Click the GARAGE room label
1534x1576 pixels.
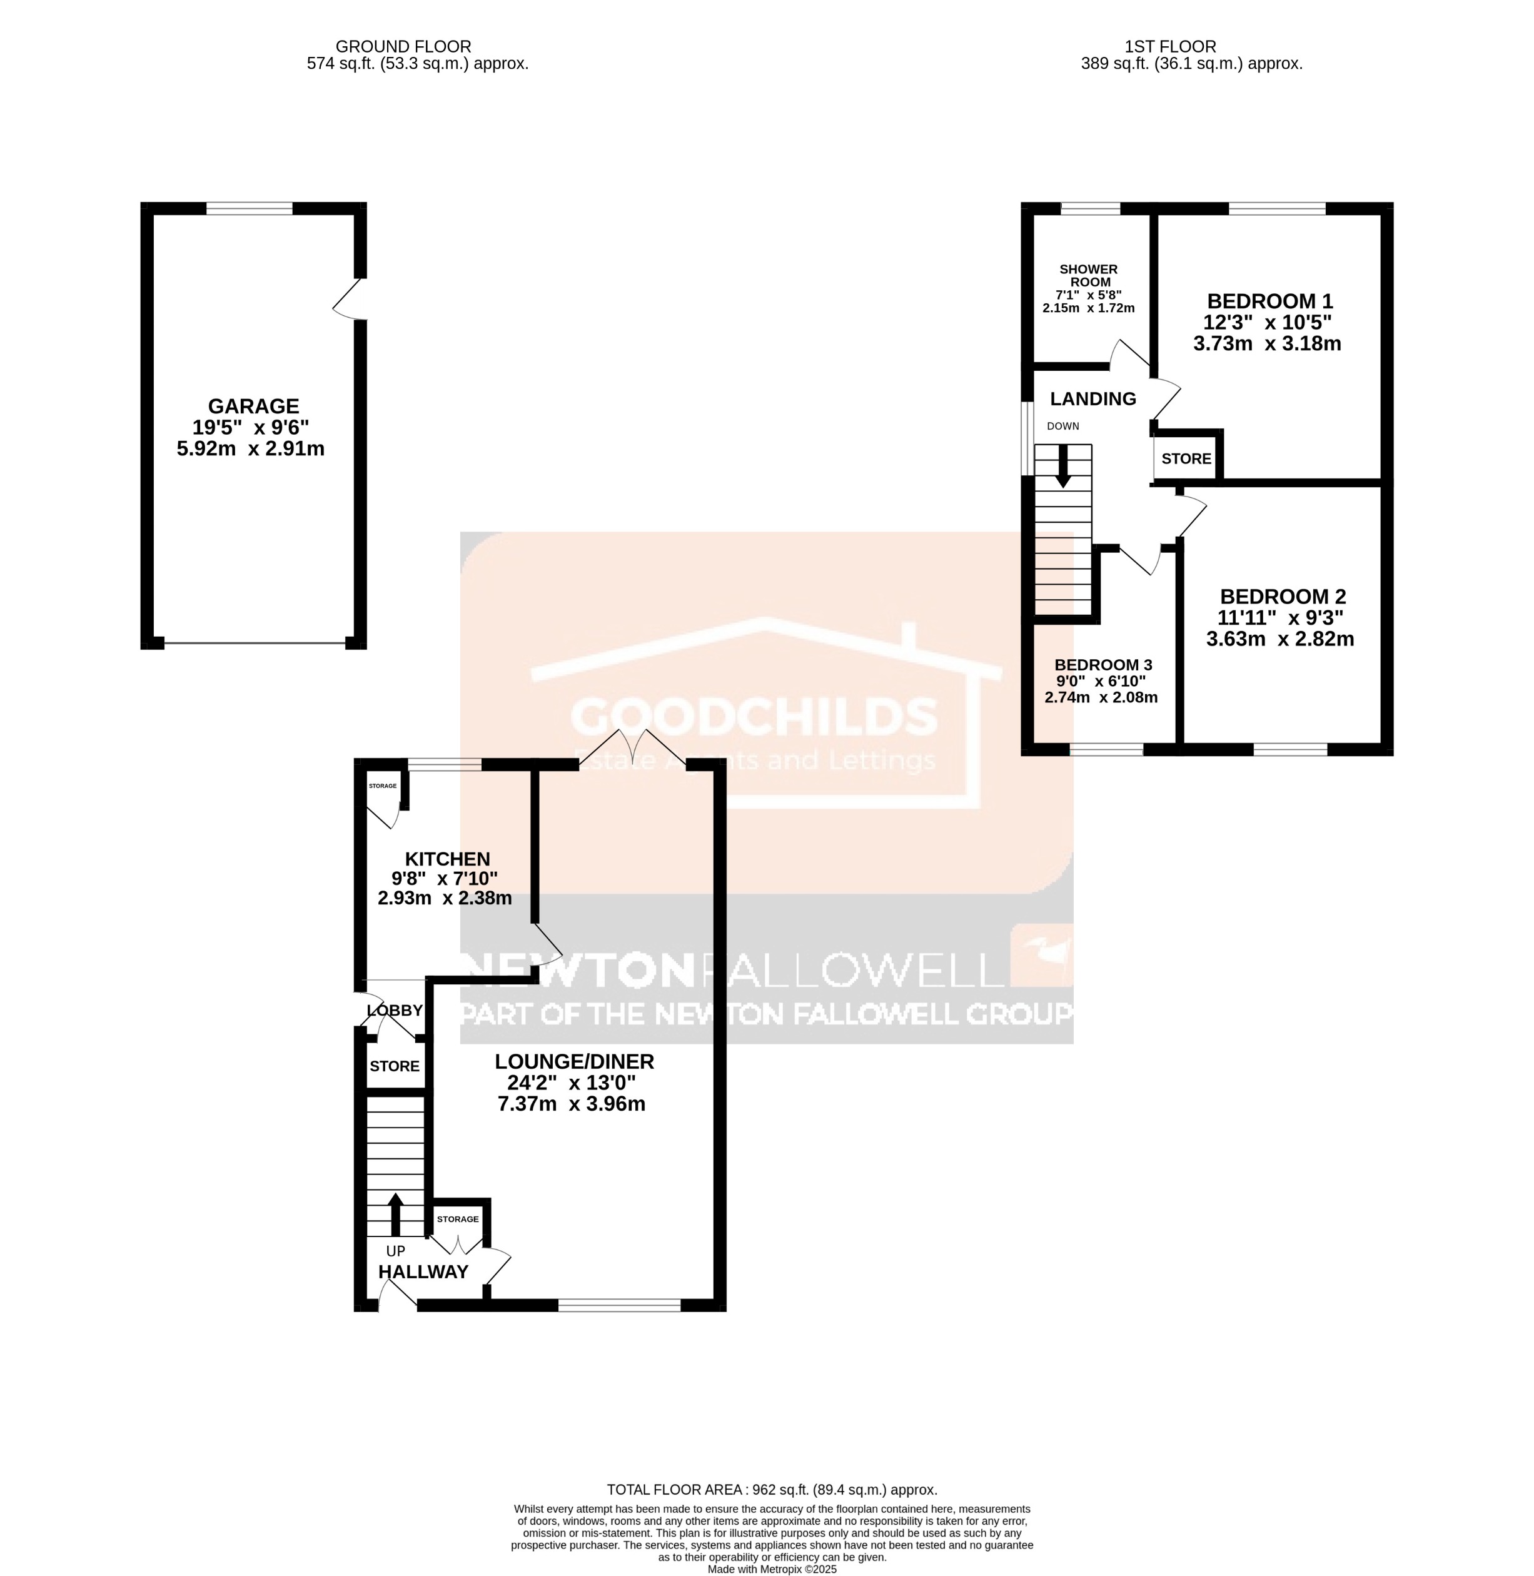click(253, 406)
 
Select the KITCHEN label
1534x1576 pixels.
click(447, 859)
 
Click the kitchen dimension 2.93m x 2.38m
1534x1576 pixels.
click(445, 897)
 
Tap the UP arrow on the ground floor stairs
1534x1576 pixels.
click(395, 1215)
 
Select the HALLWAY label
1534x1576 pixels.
click(423, 1271)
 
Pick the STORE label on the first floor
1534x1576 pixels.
click(1186, 458)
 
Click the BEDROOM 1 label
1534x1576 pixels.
click(1269, 301)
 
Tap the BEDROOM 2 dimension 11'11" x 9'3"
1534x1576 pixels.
click(1280, 618)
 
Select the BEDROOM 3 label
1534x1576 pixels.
click(1103, 665)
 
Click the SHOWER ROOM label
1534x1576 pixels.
click(1089, 276)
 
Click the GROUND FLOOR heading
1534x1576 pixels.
click(403, 47)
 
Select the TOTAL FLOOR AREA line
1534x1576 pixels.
click(771, 1490)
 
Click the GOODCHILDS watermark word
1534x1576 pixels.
click(754, 715)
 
